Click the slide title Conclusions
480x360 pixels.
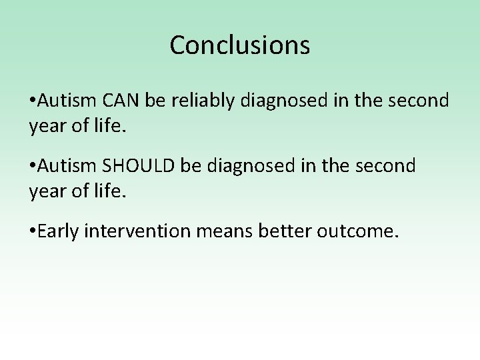(240, 45)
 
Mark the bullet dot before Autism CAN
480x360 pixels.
(33, 102)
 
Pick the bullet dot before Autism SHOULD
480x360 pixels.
(33, 166)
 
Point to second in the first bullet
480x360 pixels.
(420, 101)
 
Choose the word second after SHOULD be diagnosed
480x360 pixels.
(386, 165)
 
